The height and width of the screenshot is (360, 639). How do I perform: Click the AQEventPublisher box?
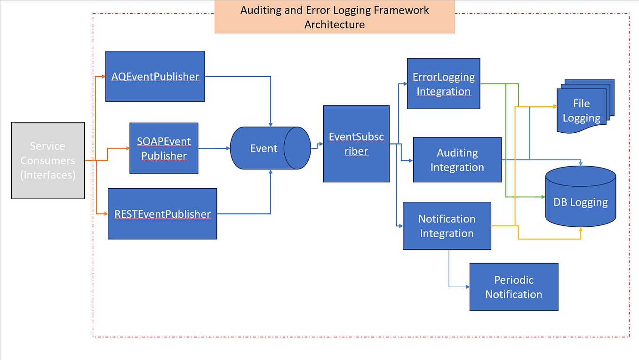(x=155, y=76)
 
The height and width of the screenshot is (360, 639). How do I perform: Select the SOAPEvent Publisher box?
(x=164, y=148)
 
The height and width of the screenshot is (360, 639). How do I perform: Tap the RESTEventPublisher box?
(x=162, y=214)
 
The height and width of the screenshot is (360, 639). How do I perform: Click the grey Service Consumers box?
(x=48, y=160)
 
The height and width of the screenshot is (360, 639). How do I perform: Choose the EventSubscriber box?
(x=356, y=144)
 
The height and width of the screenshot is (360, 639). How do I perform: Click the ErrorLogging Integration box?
(x=443, y=84)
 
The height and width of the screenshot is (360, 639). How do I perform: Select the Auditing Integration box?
(x=457, y=160)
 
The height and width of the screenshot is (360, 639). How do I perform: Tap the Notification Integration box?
(x=447, y=226)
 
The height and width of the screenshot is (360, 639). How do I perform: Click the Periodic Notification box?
(x=513, y=287)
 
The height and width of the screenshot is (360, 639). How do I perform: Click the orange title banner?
(x=335, y=17)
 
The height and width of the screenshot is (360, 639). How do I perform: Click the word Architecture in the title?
(x=335, y=24)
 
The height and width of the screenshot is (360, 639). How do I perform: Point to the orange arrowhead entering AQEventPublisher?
(x=103, y=76)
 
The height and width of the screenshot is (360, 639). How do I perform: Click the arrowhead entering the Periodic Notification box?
(x=467, y=287)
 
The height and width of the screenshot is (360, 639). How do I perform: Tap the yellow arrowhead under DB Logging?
(x=581, y=229)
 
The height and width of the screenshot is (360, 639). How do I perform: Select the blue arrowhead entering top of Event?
(x=271, y=124)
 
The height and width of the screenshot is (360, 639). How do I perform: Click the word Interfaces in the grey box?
(x=48, y=175)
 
